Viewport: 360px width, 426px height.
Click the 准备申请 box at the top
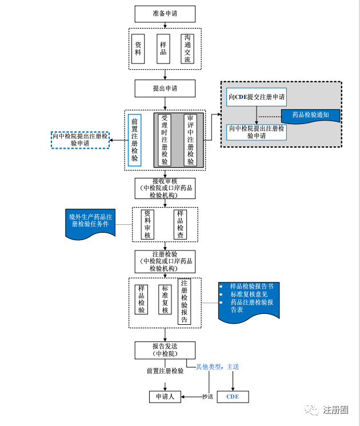[x=165, y=14]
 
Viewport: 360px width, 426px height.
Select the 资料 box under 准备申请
[x=138, y=49]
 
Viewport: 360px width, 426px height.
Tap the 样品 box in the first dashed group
[x=163, y=49]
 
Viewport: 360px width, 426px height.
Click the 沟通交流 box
[x=188, y=49]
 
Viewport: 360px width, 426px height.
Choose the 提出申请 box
[x=165, y=88]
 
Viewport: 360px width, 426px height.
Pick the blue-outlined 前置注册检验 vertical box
[x=134, y=140]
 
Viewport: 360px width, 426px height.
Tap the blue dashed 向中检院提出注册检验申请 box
[x=80, y=140]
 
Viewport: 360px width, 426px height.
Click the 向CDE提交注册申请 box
[x=257, y=97]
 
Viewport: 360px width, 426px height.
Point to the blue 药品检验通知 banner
[x=310, y=115]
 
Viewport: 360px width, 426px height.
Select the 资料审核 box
[x=147, y=224]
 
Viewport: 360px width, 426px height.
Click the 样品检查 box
[x=181, y=224]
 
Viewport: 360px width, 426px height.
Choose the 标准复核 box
[x=165, y=299]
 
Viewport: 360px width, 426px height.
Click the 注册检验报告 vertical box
[x=184, y=301]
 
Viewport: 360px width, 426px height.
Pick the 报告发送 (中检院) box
[x=165, y=350]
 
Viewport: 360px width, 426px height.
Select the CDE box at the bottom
[x=233, y=396]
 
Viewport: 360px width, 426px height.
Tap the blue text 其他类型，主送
[x=217, y=367]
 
